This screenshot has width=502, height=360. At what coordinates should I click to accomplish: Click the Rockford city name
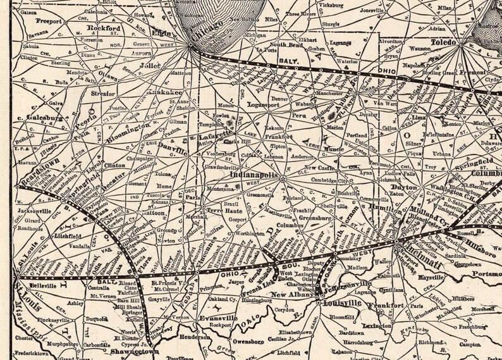104,28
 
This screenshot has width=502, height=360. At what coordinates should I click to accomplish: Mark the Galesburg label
44,117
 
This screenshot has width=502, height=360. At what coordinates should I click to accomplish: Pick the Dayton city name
404,187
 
